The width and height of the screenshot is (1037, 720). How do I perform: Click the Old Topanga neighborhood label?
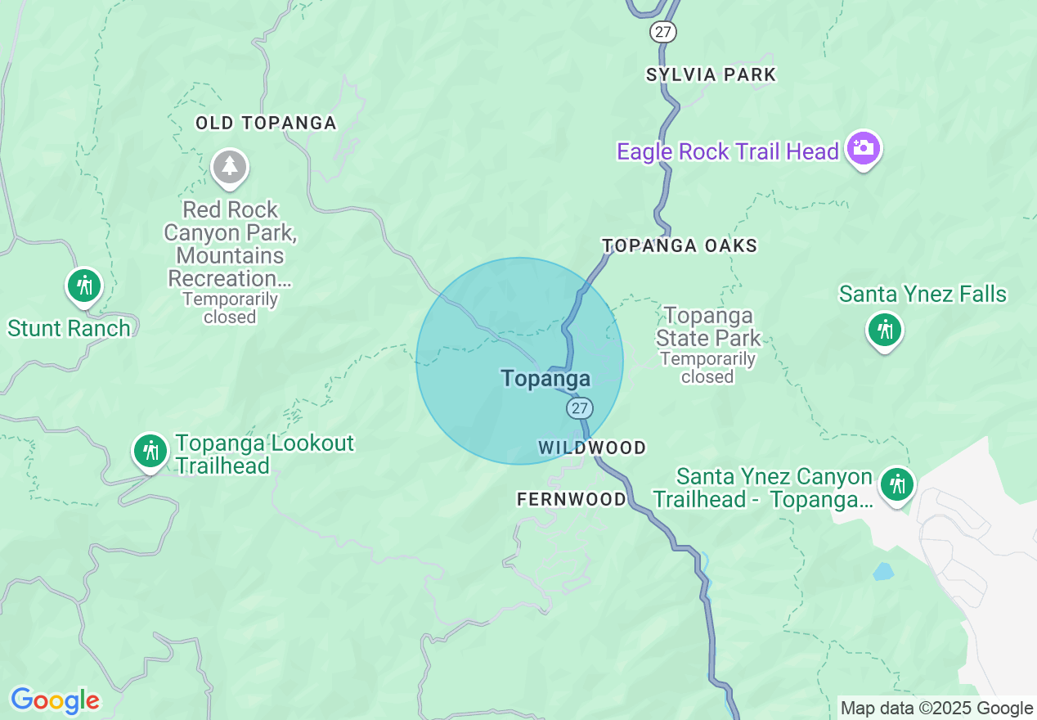coord(266,124)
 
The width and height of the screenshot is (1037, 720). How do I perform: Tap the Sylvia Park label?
coord(711,75)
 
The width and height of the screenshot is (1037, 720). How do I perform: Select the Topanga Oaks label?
coord(680,245)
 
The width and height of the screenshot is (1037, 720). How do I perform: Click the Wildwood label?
coord(592,448)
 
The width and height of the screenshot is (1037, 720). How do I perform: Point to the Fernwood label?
coord(572,499)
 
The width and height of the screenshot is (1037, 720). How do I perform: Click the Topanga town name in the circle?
coord(545,378)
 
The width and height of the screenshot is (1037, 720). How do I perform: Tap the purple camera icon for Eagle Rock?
coord(863,148)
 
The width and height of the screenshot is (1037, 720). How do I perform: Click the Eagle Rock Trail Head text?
coord(728,152)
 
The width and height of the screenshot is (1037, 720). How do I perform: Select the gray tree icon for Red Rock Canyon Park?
coord(230,166)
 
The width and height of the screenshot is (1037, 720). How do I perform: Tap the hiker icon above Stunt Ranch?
coord(84,286)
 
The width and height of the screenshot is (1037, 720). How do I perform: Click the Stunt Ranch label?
coord(69,329)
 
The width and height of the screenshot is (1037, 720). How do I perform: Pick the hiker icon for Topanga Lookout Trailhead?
coord(150,451)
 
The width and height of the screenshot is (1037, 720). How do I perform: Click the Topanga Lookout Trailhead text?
coord(265,455)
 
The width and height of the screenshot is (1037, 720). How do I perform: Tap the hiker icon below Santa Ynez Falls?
coord(884,330)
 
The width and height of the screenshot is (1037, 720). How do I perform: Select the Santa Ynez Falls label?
coord(923,295)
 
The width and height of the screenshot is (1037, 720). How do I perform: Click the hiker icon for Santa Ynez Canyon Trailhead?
coord(897,484)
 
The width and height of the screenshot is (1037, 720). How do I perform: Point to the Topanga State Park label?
coord(708,327)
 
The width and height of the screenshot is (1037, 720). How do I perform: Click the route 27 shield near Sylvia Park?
coord(664,32)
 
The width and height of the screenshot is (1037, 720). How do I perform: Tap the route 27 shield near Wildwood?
coord(580,407)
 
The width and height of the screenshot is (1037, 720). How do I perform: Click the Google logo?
coord(55,701)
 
